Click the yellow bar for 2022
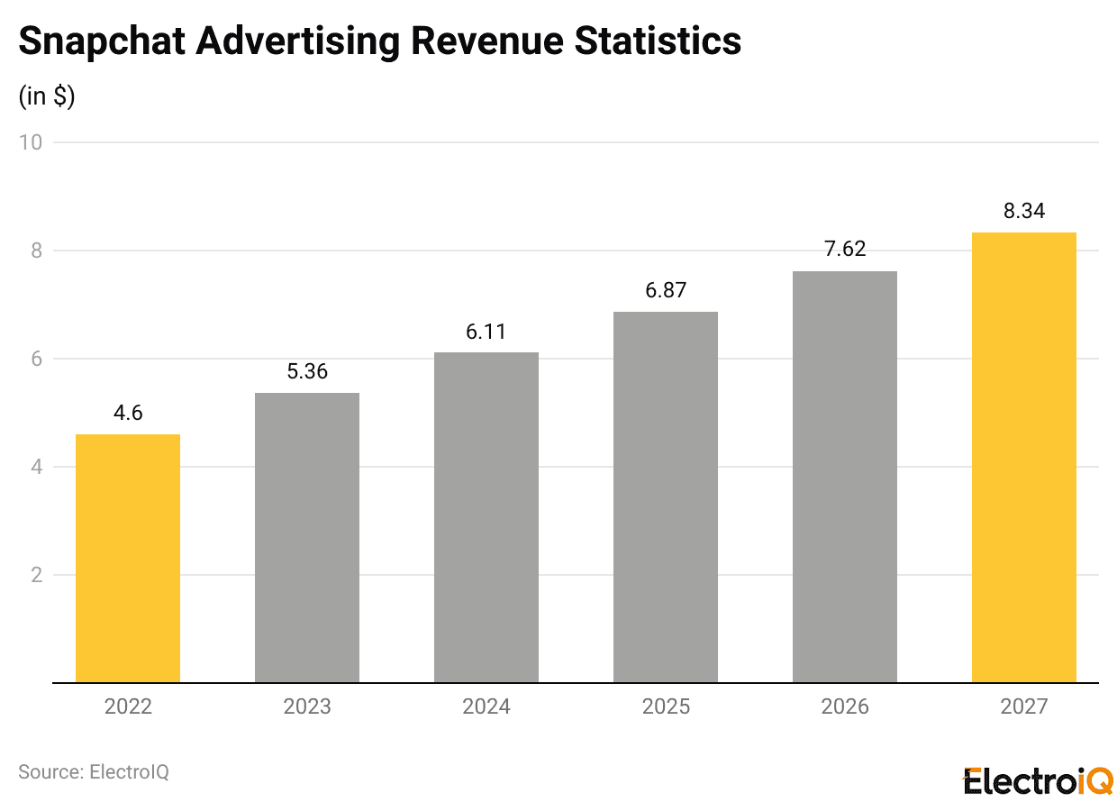pyautogui.click(x=128, y=559)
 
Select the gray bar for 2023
pyautogui.click(x=307, y=538)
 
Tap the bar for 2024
pyautogui.click(x=486, y=517)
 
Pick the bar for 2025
pyautogui.click(x=666, y=497)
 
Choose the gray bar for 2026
pyautogui.click(x=845, y=477)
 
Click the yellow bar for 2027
pyautogui.click(x=1024, y=458)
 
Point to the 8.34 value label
pyautogui.click(x=1024, y=212)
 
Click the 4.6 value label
pyautogui.click(x=128, y=414)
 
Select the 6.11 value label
pyautogui.click(x=486, y=332)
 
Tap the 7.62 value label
pyautogui.click(x=845, y=250)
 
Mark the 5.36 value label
pyautogui.click(x=307, y=372)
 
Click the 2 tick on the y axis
pyautogui.click(x=36, y=575)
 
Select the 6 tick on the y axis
pyautogui.click(x=36, y=359)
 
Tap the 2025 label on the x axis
pyautogui.click(x=666, y=706)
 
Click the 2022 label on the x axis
pyautogui.click(x=128, y=706)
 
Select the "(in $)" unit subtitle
pyautogui.click(x=47, y=96)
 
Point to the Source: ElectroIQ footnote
pyautogui.click(x=94, y=772)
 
